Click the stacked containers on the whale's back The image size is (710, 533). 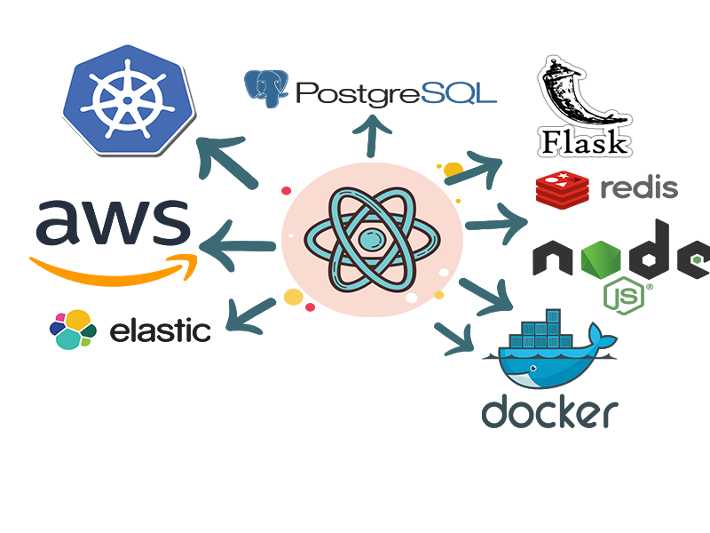(x=540, y=337)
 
